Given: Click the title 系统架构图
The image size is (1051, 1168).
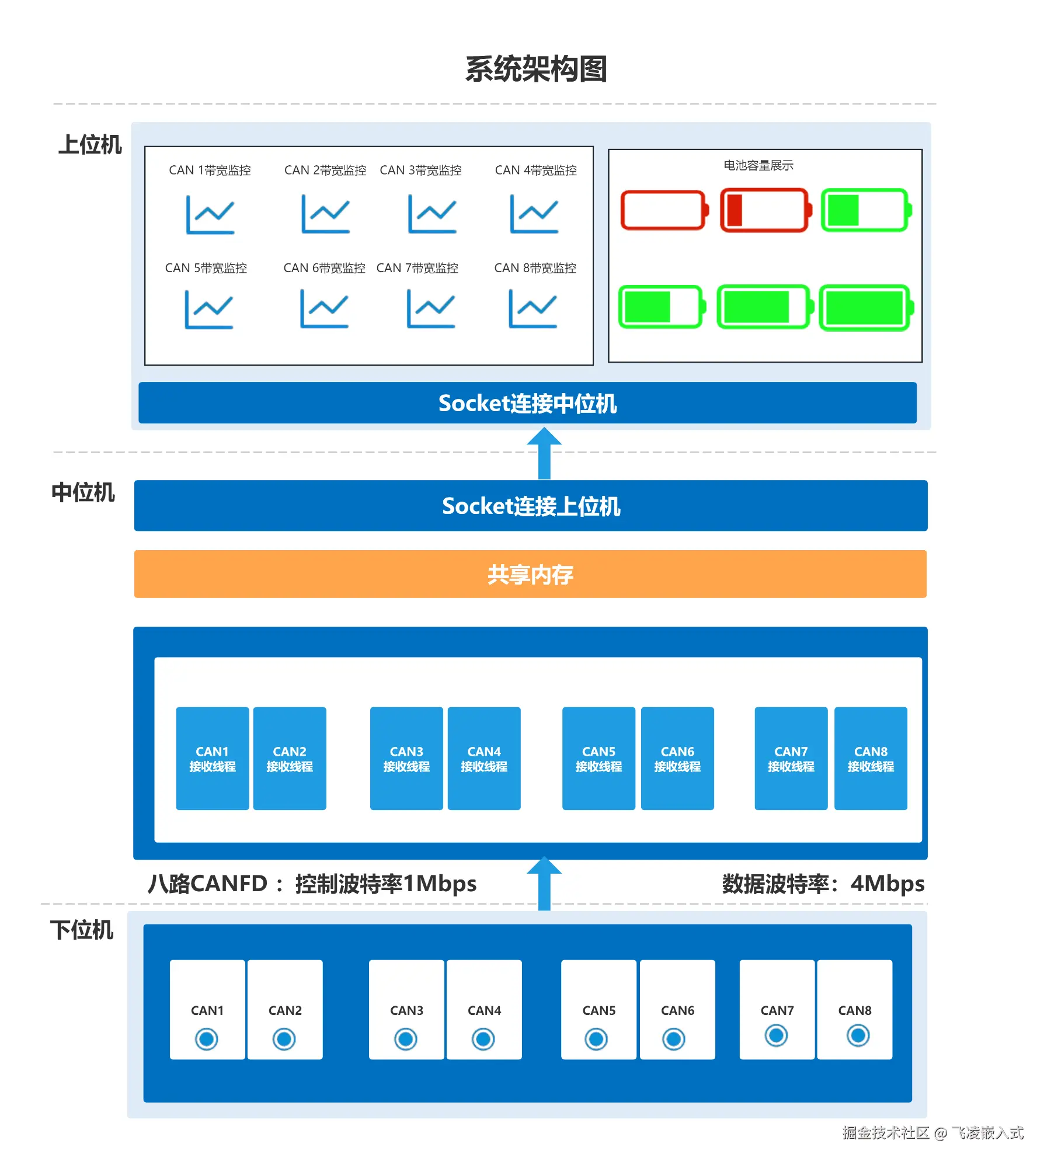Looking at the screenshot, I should [x=536, y=69].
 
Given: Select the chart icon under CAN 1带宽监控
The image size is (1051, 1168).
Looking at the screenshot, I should [x=210, y=214].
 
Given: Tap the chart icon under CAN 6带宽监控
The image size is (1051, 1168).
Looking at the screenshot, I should [x=324, y=309].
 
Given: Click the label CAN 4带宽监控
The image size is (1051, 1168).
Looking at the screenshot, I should [x=535, y=170].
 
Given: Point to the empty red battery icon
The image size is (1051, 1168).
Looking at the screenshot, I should [x=664, y=210].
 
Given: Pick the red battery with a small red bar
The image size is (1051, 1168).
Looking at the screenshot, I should [x=765, y=210].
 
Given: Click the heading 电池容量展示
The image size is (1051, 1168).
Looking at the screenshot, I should [x=758, y=165].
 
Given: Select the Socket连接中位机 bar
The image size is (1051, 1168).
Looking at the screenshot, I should [x=527, y=403].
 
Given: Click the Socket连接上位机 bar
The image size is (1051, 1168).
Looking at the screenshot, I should [x=530, y=506].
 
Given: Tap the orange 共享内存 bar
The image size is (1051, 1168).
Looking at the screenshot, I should [x=530, y=574].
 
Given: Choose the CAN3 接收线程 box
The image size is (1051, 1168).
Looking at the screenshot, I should [x=406, y=758].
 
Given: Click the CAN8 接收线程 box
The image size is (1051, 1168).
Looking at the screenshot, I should [x=870, y=758].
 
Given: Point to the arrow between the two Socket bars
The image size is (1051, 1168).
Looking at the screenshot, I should [x=544, y=454].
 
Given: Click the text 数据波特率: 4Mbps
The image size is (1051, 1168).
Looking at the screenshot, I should [x=823, y=884].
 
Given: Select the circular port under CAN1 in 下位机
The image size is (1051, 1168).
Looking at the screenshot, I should [x=207, y=1039].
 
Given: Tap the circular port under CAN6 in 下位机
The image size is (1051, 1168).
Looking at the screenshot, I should [x=674, y=1039].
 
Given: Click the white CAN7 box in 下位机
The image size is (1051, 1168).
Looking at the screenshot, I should [x=777, y=1009].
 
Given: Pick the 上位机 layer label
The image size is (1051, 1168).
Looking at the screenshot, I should [x=90, y=145].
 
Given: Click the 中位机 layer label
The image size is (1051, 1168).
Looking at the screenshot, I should [x=83, y=492].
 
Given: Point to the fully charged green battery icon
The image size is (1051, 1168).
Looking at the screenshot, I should [x=866, y=308].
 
